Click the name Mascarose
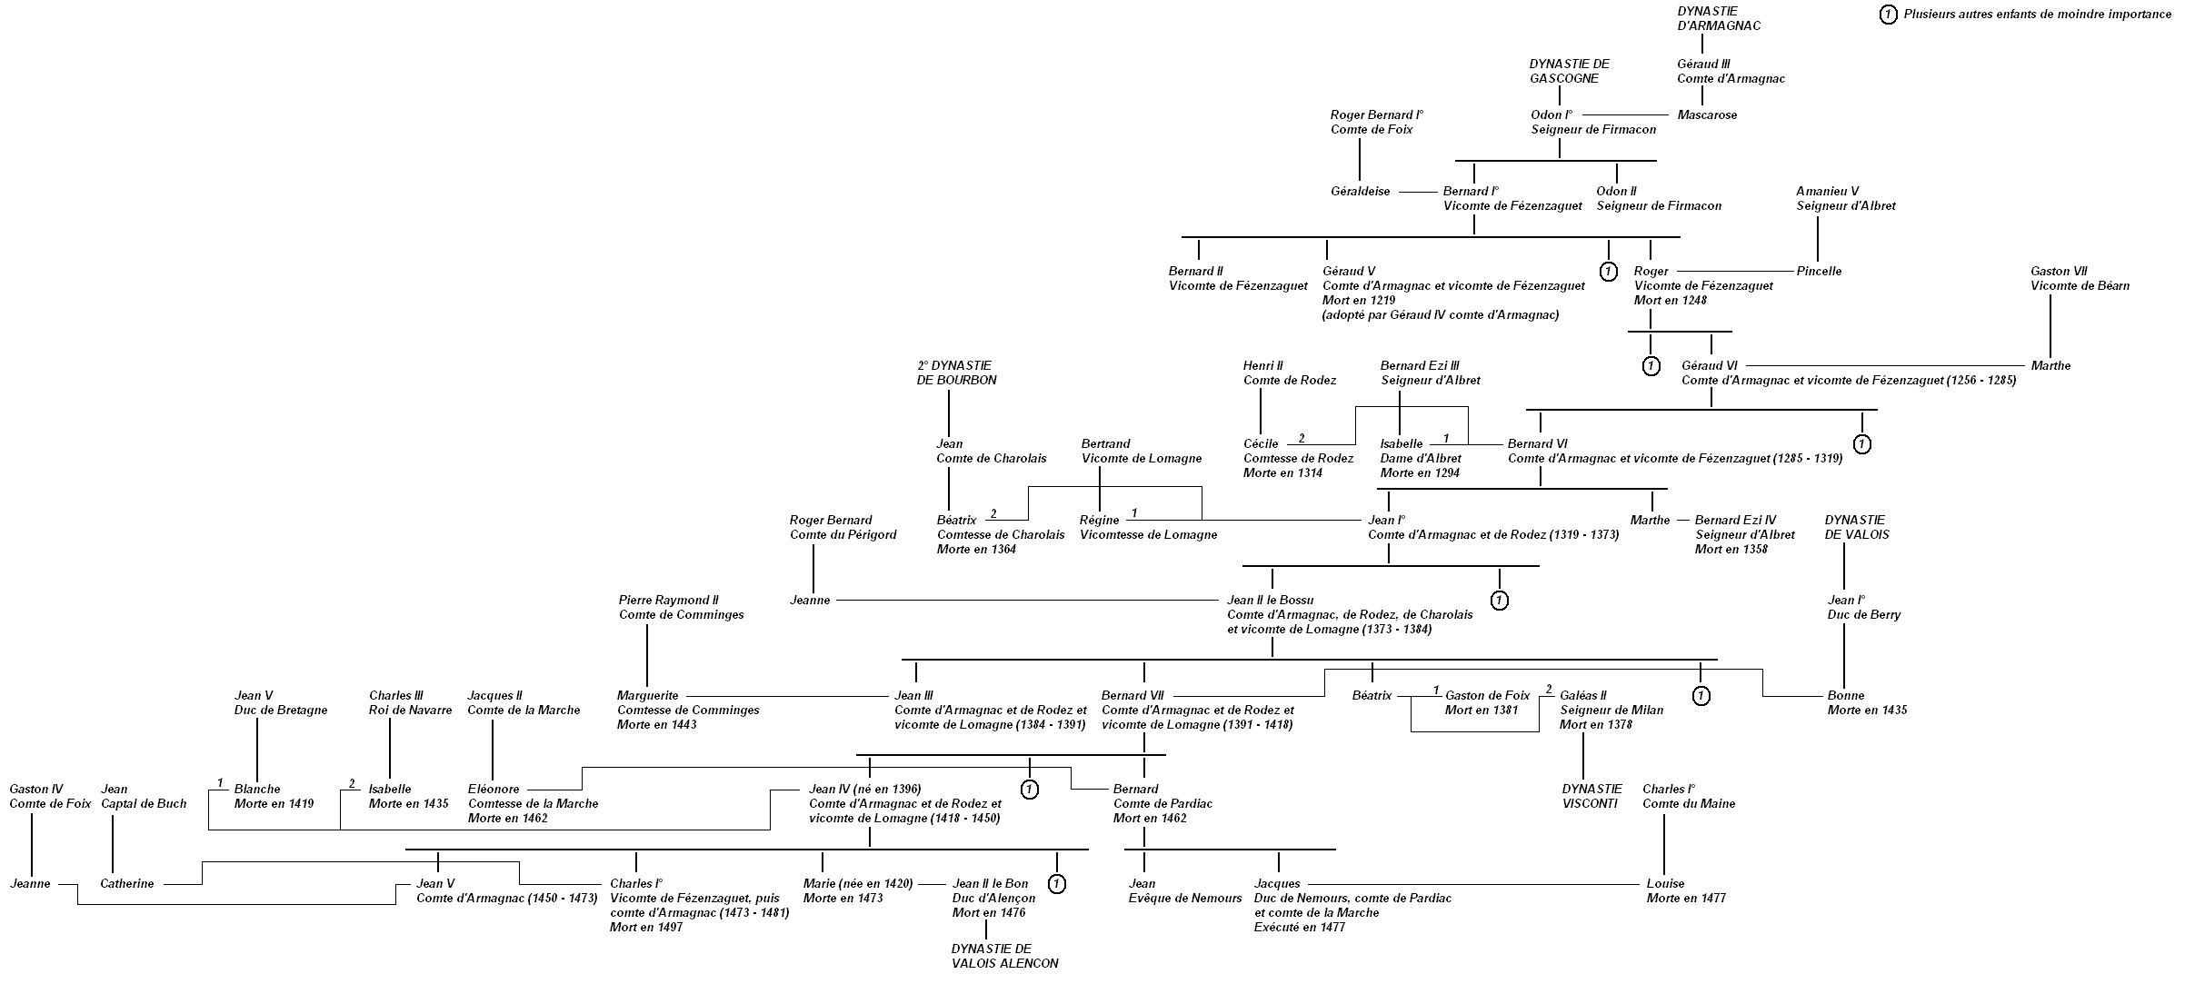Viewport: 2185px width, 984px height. (x=1706, y=115)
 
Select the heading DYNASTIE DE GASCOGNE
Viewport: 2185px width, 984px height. (x=1569, y=71)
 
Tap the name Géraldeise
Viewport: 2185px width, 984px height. (x=1360, y=192)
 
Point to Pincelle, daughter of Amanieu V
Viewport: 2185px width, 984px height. (x=1819, y=272)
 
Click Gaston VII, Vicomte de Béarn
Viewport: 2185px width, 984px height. (x=2080, y=279)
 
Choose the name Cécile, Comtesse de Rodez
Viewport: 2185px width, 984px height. (x=1261, y=444)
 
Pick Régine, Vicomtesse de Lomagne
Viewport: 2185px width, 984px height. (x=1099, y=521)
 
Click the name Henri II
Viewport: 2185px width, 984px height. (x=1262, y=366)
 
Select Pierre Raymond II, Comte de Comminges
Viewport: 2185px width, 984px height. (x=681, y=608)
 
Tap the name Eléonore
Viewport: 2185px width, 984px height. (x=494, y=790)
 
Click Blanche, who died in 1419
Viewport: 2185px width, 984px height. (x=257, y=790)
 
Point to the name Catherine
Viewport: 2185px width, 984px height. (x=126, y=884)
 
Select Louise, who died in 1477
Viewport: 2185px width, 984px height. (x=1665, y=884)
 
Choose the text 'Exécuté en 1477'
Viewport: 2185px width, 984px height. (x=1299, y=928)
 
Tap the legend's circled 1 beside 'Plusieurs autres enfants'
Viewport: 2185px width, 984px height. (x=1888, y=15)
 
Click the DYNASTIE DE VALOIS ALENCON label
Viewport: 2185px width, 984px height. (x=1004, y=956)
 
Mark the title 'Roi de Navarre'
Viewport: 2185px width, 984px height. (x=410, y=711)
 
